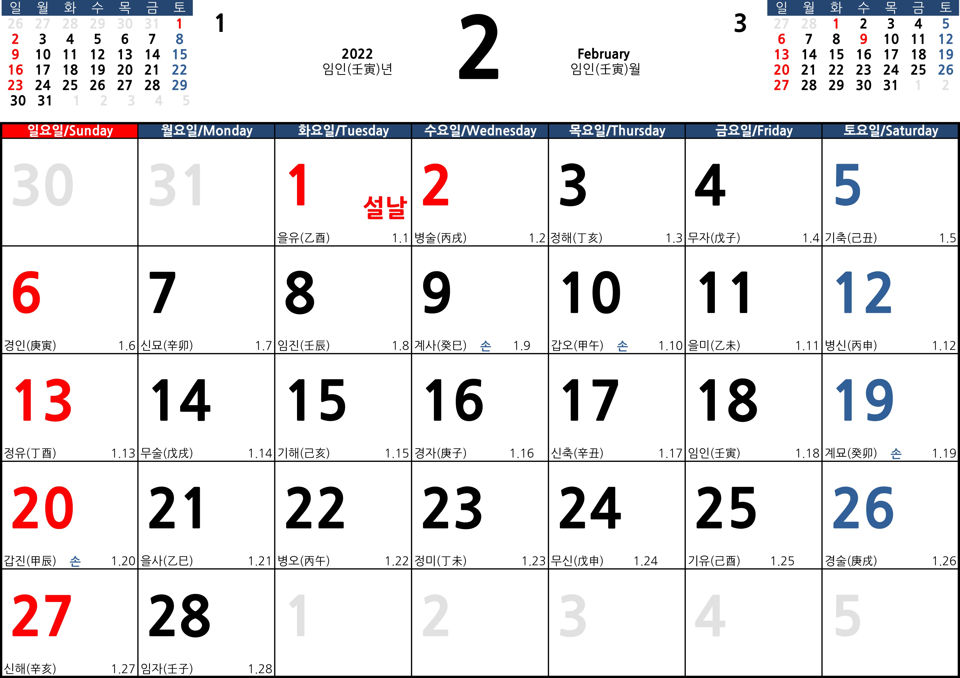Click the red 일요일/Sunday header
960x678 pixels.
tap(70, 131)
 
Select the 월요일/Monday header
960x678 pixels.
tap(207, 131)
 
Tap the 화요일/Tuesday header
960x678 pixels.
tap(343, 131)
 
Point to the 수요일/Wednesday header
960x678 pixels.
tap(480, 131)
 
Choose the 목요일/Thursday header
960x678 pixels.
tap(617, 131)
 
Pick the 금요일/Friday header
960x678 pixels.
tap(753, 131)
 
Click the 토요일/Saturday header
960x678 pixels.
tap(890, 131)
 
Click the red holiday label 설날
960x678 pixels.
tap(385, 208)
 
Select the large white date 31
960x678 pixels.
tap(176, 185)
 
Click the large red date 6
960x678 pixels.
tap(26, 292)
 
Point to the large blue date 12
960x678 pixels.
tap(863, 292)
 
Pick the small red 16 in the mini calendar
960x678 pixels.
tap(15, 70)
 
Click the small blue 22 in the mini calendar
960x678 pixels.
tap(179, 70)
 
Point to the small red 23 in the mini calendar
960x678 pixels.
tap(15, 85)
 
